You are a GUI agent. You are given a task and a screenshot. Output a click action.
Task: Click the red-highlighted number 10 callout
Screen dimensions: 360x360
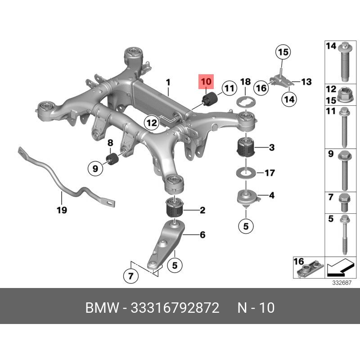point(206,81)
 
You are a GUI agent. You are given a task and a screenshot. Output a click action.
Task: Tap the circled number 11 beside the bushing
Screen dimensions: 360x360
point(229,88)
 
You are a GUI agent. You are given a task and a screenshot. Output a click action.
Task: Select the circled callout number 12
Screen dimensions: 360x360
point(152,123)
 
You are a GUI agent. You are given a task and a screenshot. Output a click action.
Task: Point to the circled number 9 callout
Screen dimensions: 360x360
point(95,169)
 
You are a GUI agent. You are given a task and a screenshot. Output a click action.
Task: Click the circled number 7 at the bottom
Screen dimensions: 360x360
point(131,275)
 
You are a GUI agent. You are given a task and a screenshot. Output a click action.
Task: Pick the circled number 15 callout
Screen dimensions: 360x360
point(283,52)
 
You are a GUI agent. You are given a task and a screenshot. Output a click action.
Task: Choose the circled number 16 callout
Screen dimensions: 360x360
point(261,88)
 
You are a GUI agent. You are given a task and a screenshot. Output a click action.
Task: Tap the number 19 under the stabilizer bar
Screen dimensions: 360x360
point(62,210)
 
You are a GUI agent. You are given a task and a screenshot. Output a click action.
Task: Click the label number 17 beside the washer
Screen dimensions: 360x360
point(270,173)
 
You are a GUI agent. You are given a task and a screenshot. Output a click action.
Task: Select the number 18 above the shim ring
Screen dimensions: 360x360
point(245,82)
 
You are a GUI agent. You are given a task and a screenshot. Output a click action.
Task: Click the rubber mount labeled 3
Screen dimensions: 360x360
point(246,147)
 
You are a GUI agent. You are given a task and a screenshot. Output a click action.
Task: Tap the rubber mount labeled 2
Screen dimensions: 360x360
point(175,207)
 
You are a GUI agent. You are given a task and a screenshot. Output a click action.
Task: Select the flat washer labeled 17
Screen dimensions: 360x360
point(246,172)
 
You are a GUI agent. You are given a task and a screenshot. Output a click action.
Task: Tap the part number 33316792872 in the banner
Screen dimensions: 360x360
point(175,308)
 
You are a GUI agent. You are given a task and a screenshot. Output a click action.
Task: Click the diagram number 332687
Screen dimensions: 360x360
point(342,283)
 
